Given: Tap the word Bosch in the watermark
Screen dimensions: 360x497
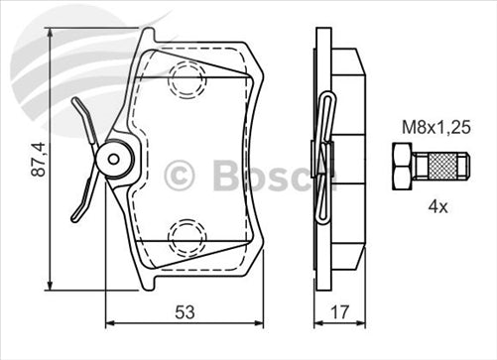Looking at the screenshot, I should tap(264, 176).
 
